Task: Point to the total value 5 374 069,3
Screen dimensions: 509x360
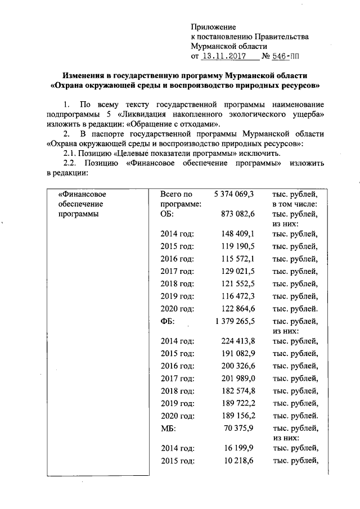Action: (234, 194)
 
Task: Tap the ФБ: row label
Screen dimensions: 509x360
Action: (168, 321)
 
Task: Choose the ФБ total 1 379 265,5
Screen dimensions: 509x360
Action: (235, 321)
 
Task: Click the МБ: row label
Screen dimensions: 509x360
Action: (168, 429)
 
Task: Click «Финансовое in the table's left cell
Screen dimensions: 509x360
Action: (83, 194)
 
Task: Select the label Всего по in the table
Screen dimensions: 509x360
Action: (176, 194)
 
